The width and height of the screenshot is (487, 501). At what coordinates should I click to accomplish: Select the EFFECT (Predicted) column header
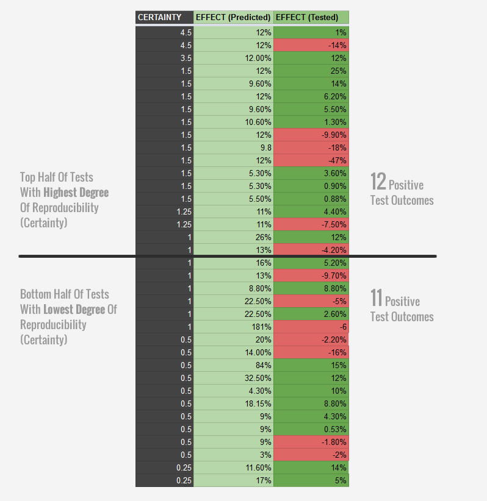(x=233, y=17)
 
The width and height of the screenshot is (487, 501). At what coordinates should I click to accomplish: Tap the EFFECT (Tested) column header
(x=311, y=17)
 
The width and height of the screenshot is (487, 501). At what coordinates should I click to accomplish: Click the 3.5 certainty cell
(x=164, y=58)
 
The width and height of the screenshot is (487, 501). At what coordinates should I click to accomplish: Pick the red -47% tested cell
(x=311, y=160)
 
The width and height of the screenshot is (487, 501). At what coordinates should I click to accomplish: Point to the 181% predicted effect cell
(x=233, y=327)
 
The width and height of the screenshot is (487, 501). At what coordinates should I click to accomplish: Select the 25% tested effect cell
(x=311, y=71)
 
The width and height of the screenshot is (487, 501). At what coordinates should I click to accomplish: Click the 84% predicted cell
(x=233, y=365)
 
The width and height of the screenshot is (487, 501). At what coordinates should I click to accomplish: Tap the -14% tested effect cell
(x=311, y=45)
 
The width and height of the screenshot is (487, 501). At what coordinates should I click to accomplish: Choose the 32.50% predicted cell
(x=233, y=378)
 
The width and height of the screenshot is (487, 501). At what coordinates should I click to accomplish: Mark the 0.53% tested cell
(x=311, y=429)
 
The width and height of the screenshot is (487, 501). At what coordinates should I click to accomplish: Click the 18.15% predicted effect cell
(x=233, y=403)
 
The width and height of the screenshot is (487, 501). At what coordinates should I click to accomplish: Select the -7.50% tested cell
(x=311, y=224)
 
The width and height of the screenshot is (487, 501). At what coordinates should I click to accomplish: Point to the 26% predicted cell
(x=233, y=237)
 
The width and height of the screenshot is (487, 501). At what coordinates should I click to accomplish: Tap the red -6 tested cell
(x=311, y=327)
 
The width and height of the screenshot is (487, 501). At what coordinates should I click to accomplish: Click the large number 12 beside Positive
(x=378, y=182)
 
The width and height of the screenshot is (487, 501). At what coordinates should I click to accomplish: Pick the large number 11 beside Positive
(x=377, y=299)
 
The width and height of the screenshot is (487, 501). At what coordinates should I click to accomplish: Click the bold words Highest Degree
(x=76, y=193)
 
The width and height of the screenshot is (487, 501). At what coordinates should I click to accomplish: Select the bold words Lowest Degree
(x=74, y=310)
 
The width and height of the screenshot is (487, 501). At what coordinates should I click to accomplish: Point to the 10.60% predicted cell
(x=233, y=122)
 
